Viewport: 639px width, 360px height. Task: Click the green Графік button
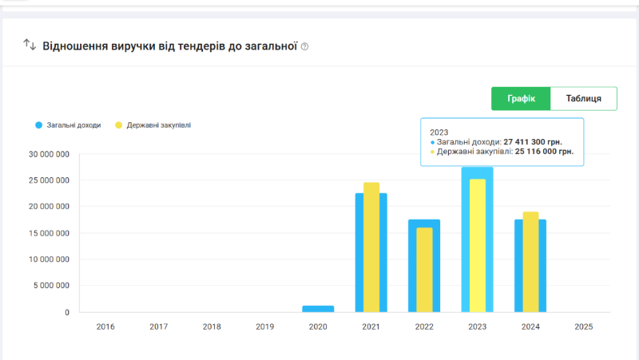pyautogui.click(x=521, y=99)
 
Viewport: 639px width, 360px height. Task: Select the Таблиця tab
pyautogui.click(x=584, y=99)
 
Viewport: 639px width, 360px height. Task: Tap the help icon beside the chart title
pyautogui.click(x=304, y=47)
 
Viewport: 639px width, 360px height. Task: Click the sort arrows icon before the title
pyautogui.click(x=30, y=45)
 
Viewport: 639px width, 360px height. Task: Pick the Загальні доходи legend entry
pyautogui.click(x=68, y=125)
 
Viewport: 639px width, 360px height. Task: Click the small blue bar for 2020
pyautogui.click(x=318, y=308)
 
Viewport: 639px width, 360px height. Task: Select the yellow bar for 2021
pyautogui.click(x=371, y=247)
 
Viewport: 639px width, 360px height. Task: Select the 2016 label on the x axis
pyautogui.click(x=105, y=326)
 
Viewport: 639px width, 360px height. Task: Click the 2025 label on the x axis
pyautogui.click(x=583, y=326)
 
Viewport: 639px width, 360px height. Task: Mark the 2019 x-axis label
pyautogui.click(x=264, y=326)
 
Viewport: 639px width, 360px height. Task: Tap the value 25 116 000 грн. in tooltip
pyautogui.click(x=544, y=151)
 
